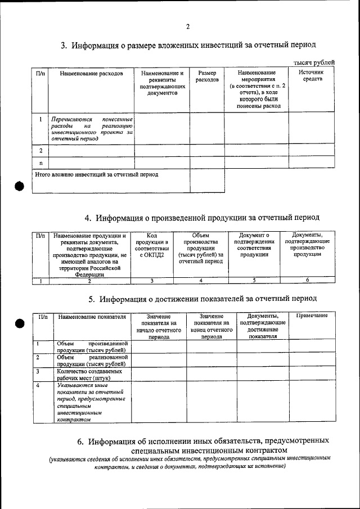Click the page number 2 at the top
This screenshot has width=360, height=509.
click(188, 26)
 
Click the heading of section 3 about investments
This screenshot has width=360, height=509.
click(188, 44)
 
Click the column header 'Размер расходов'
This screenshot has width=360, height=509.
click(206, 76)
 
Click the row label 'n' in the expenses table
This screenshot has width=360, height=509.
click(40, 163)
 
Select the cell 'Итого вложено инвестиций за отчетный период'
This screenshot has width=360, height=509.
click(97, 175)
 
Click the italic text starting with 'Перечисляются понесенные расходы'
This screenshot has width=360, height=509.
click(92, 128)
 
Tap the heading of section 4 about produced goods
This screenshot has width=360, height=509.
click(202, 217)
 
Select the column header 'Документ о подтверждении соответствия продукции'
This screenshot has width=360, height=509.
click(254, 245)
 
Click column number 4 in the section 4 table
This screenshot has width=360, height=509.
click(200, 280)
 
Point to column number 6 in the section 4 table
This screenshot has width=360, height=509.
click(307, 280)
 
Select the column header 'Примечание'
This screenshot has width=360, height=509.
click(312, 316)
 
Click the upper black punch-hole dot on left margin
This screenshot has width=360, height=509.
click(21, 188)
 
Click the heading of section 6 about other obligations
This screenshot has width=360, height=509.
click(202, 445)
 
